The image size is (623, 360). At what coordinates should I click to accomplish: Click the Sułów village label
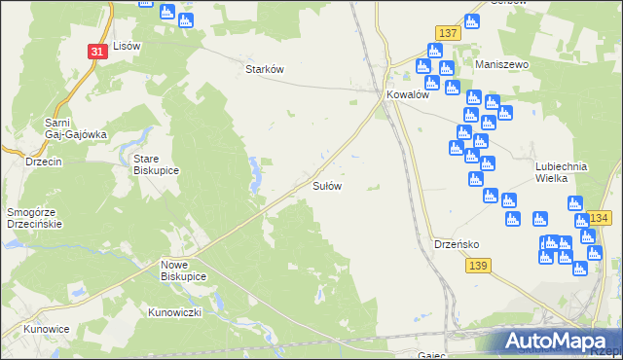(326, 185)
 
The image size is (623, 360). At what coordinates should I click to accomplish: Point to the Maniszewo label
(501, 64)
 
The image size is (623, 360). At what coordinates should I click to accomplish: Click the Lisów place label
(128, 46)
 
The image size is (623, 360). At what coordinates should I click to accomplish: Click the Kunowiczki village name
(174, 312)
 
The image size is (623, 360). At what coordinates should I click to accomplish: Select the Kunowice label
(47, 329)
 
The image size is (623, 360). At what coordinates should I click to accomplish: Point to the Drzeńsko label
(454, 244)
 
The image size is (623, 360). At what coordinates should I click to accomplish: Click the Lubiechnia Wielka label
(562, 172)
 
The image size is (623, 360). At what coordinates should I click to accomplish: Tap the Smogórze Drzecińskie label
(34, 217)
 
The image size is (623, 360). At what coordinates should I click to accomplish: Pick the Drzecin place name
(44, 162)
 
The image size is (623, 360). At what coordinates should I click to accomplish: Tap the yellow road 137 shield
(447, 33)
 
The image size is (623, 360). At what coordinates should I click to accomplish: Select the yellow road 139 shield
(477, 266)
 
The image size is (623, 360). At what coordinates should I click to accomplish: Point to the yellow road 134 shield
(599, 217)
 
